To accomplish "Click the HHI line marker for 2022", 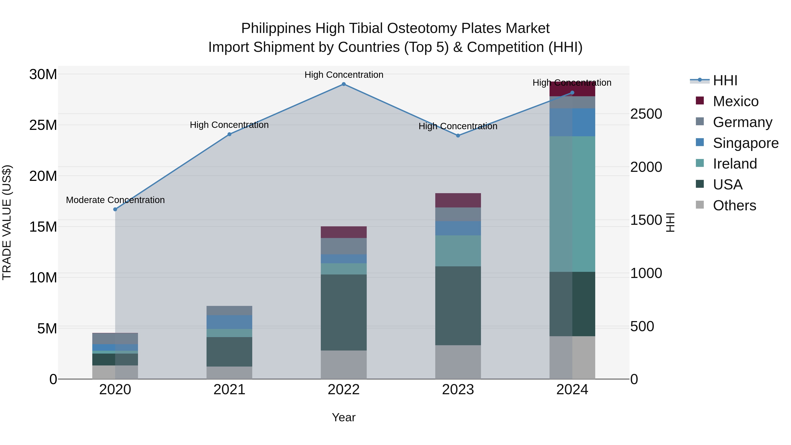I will coord(344,84).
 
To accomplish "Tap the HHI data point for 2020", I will coord(115,209).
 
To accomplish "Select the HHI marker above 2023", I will coord(458,135).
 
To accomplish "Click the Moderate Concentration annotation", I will coord(115,200).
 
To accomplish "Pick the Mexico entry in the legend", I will coord(735,101).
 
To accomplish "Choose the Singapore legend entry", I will coord(746,143).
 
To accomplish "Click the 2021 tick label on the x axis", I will coord(229,390).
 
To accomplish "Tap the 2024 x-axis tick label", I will coord(572,390).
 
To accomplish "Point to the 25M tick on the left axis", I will coord(43,125).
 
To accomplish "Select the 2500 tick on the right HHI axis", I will coord(646,114).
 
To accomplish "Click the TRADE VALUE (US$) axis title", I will coord(7,222).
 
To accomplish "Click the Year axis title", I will coord(344,417).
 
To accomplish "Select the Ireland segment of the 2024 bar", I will coord(572,204).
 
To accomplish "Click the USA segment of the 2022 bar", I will coord(344,312).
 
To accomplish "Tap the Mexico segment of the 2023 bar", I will coord(458,200).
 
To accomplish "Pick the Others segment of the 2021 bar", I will coord(229,372).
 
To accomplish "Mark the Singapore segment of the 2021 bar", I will coord(229,322).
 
